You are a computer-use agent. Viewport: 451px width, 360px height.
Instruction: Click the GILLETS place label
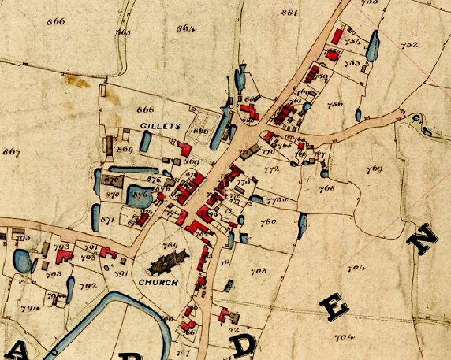[x=161, y=126]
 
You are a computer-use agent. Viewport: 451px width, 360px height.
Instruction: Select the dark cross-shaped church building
[x=173, y=261]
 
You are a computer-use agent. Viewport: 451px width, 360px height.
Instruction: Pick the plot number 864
[x=185, y=28]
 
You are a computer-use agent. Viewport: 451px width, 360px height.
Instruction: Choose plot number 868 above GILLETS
[x=145, y=109]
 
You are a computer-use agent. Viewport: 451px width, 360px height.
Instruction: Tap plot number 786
[x=335, y=104]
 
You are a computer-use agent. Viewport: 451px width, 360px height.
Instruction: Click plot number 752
[x=409, y=45]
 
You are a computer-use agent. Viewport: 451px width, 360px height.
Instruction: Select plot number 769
[x=373, y=169]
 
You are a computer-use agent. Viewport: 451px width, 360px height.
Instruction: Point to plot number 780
[x=269, y=223]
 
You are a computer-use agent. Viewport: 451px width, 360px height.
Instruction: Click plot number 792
[x=88, y=285]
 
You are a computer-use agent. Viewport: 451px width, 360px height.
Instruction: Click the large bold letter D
[x=246, y=345]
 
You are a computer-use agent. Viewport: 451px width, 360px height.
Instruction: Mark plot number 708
[x=258, y=271]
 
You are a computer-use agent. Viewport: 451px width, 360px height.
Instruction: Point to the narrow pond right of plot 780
[x=300, y=227]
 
